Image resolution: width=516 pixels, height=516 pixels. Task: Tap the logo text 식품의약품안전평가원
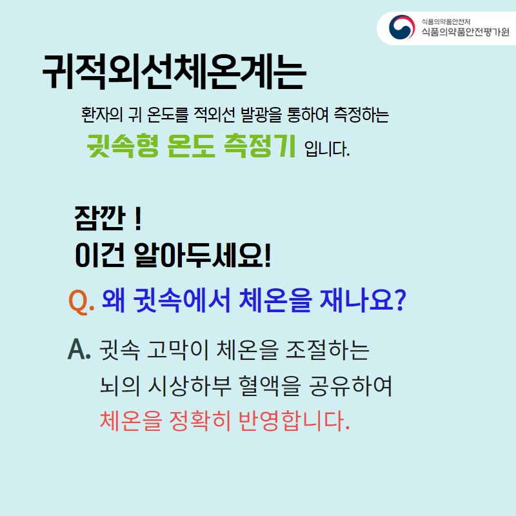click(x=464, y=32)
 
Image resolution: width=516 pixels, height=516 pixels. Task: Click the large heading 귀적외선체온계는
click(x=174, y=72)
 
